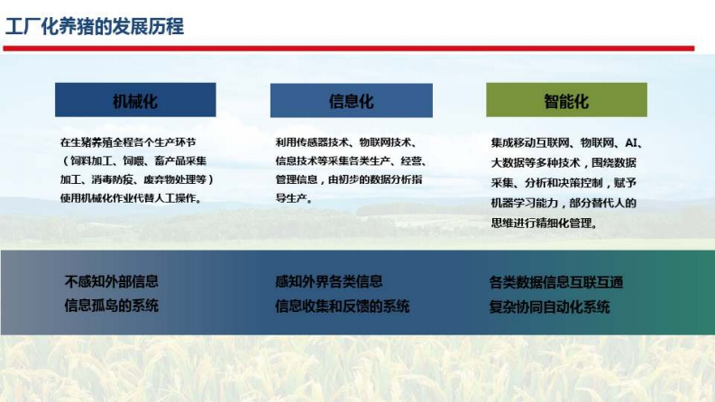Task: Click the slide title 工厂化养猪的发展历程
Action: tap(95, 26)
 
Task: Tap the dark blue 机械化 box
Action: tap(135, 100)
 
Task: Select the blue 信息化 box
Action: tap(351, 100)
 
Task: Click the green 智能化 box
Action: tap(566, 100)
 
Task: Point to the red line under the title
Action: tap(349, 49)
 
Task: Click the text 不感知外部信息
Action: tap(112, 281)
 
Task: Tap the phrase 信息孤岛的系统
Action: tap(112, 306)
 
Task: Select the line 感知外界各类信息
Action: tap(329, 281)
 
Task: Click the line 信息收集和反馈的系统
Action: tap(342, 306)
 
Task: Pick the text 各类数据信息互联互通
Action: tap(556, 282)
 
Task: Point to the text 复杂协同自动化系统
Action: tap(549, 306)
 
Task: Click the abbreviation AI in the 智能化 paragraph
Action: tap(631, 143)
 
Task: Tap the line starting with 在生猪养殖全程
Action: tap(128, 142)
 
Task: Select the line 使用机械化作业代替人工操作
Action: tap(131, 198)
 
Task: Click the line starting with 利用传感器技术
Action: tap(346, 142)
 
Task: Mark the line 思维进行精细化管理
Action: tap(544, 224)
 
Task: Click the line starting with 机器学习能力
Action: tap(564, 203)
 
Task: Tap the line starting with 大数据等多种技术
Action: tap(564, 163)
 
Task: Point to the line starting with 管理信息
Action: tap(349, 179)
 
